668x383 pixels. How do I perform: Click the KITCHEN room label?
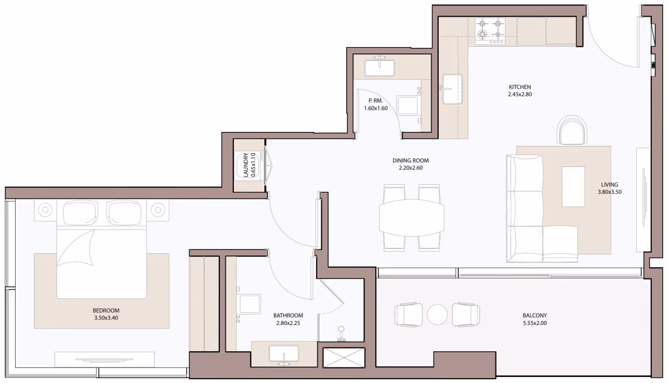(520, 87)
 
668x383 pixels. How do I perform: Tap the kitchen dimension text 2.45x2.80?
(520, 94)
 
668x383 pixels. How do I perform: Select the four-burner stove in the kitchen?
(490, 31)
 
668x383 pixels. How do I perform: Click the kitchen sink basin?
(453, 89)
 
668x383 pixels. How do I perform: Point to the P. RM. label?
(375, 101)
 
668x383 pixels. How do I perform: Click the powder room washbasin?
(379, 68)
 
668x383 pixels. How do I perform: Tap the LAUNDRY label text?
(246, 165)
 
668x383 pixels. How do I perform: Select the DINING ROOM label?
(410, 160)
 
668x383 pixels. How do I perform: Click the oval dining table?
(411, 218)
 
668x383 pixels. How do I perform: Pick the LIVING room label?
(610, 185)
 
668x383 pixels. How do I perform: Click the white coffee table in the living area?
(573, 186)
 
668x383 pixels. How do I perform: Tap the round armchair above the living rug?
(572, 130)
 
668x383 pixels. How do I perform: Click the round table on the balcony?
(437, 315)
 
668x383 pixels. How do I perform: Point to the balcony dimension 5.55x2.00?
(535, 323)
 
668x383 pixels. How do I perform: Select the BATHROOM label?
(288, 315)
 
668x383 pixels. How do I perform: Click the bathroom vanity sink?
(283, 354)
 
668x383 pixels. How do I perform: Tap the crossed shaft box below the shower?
(344, 357)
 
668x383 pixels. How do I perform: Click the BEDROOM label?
(106, 311)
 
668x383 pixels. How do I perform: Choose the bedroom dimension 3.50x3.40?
(106, 318)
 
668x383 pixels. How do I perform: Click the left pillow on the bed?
(80, 212)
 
